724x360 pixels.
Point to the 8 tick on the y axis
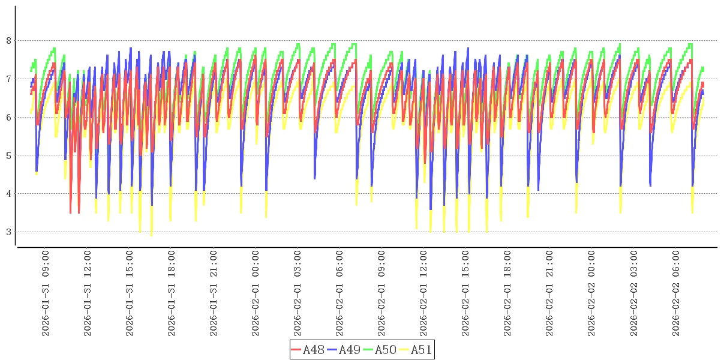8,41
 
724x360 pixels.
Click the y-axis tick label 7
8,79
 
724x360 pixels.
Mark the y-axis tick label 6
8,118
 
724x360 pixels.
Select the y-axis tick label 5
8,155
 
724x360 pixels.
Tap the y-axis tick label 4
8,194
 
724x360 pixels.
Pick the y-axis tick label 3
8,232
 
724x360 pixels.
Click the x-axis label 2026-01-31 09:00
46,293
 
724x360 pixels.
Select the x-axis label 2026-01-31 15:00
130,293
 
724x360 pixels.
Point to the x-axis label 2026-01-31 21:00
214,293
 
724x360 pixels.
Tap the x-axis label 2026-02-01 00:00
256,293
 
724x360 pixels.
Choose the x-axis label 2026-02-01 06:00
340,293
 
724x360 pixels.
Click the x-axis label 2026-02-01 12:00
424,293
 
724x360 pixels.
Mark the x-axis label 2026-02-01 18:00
508,293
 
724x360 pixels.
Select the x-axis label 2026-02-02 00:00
592,293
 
